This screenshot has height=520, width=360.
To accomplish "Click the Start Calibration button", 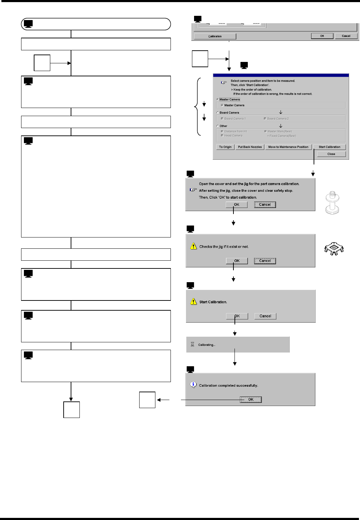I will tap(329, 147).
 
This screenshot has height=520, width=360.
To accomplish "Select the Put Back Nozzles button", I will tap(250, 147).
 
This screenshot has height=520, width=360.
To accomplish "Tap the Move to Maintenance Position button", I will tap(288, 147).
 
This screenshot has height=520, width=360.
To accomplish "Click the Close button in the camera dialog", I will tap(331, 154).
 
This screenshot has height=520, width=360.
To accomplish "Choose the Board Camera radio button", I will tap(218, 113).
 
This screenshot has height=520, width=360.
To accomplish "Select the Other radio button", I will tap(218, 126).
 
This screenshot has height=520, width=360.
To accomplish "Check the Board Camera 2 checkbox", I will tap(265, 119).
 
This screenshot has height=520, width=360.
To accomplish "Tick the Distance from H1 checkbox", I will tap(222, 131).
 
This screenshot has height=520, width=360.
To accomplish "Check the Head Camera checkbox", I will tap(222, 135).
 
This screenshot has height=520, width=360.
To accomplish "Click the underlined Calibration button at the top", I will tap(215, 36).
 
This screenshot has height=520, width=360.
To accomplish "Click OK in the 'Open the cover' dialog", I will tap(237, 204).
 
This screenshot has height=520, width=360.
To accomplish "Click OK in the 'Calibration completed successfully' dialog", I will tap(251, 399).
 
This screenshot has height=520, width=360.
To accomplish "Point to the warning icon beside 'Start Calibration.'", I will tap(193, 302).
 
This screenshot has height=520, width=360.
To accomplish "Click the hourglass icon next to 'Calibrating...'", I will tap(192, 345).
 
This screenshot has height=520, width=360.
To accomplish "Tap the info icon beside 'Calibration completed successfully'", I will tap(193, 385).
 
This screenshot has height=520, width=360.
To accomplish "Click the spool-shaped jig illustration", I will tap(332, 203).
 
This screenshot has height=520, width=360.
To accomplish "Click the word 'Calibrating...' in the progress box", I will tap(207, 345).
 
